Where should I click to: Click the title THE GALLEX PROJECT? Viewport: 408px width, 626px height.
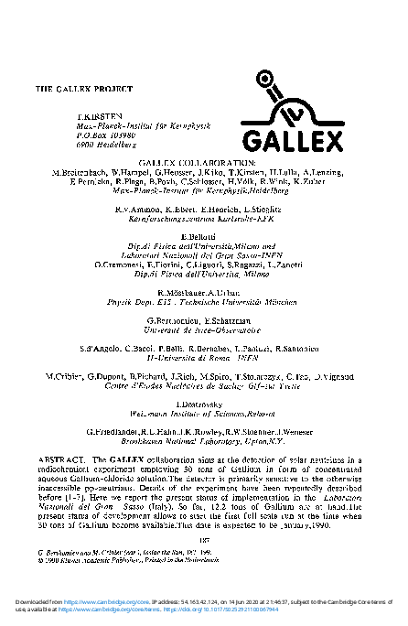(x=83, y=90)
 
